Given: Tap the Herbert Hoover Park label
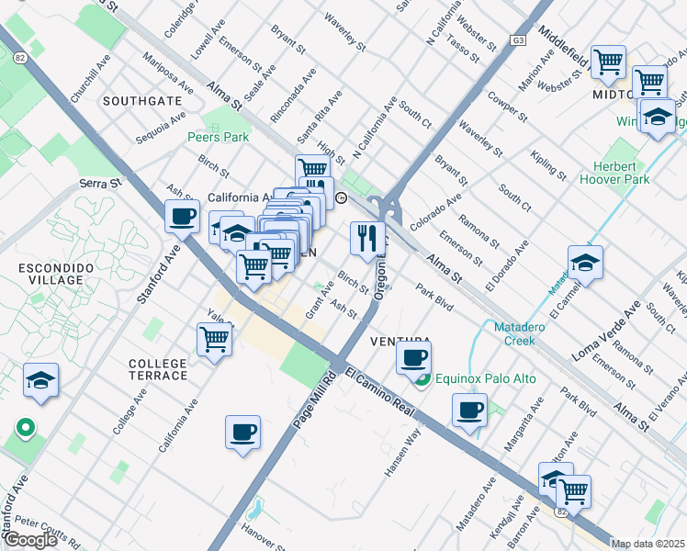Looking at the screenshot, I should (x=628, y=174).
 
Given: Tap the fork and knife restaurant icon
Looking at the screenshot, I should (x=366, y=239).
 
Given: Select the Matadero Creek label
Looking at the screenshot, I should (x=521, y=333).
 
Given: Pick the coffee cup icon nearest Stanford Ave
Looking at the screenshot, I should (x=183, y=217).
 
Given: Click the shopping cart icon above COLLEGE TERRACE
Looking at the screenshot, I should (x=214, y=338).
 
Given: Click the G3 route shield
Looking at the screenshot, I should (x=520, y=40).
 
